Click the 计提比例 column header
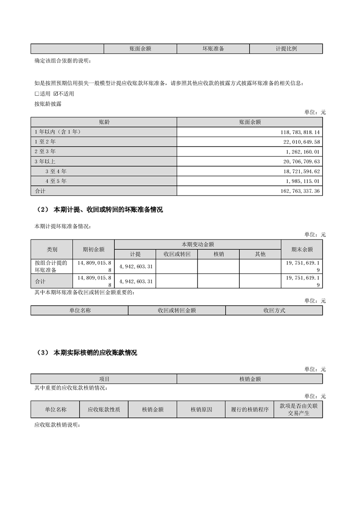(286, 49)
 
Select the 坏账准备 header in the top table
(213, 49)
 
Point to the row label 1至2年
(44, 141)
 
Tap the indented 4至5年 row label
(56, 181)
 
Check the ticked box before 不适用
(55, 94)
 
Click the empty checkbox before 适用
(37, 94)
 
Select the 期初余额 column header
(94, 249)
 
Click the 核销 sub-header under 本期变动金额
(218, 254)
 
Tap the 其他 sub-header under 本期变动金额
(260, 254)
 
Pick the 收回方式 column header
(274, 311)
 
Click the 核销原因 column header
(202, 409)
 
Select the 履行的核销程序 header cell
(250, 409)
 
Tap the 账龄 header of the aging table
(104, 122)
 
